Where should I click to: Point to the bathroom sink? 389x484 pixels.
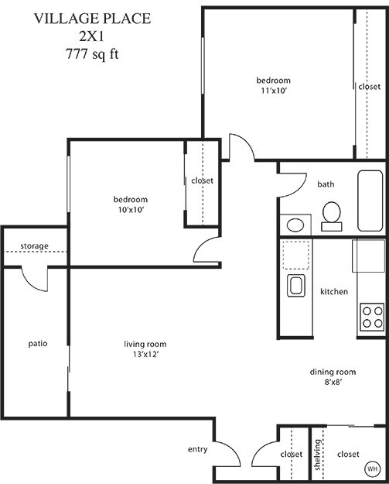point(295,225)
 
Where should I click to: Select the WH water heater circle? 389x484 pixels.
point(373,469)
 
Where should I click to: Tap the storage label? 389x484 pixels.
point(34,246)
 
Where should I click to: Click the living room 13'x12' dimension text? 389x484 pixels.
point(145,354)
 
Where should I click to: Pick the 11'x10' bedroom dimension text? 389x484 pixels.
point(273,91)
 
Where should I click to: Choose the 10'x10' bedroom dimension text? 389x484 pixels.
point(129,209)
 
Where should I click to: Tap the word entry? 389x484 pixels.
point(197,449)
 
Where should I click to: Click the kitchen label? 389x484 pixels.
point(334,292)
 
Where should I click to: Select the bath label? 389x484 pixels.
point(326,184)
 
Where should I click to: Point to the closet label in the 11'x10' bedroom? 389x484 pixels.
point(369,87)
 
